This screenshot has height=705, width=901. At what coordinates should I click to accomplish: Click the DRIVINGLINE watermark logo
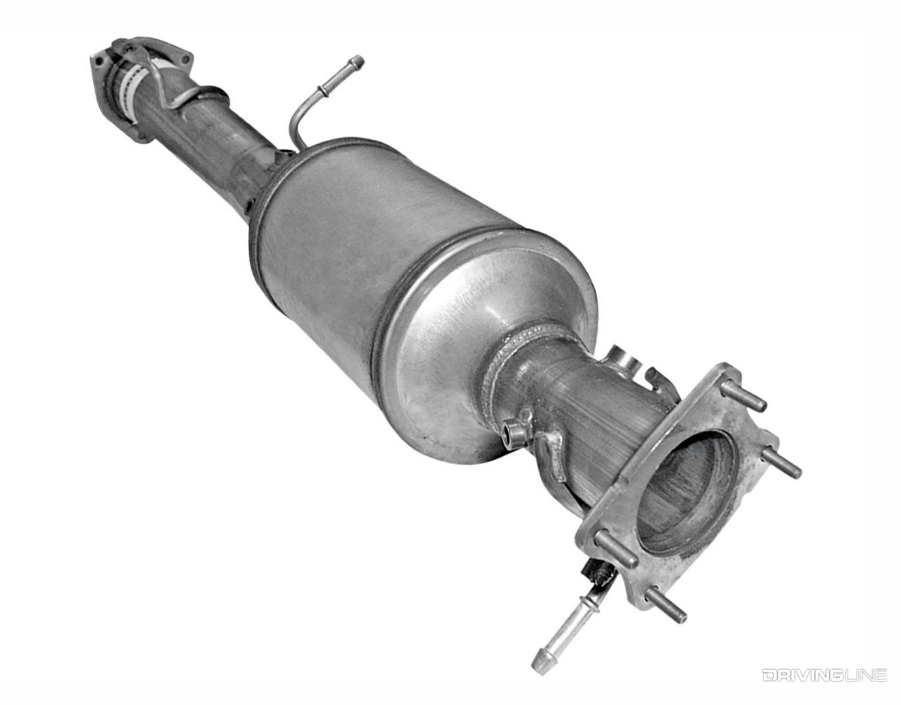824,675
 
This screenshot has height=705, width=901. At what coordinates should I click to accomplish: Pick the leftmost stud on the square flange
617,550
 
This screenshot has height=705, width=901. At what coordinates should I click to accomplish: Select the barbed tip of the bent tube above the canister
356,63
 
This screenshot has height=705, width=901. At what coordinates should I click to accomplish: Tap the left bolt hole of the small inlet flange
99,61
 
